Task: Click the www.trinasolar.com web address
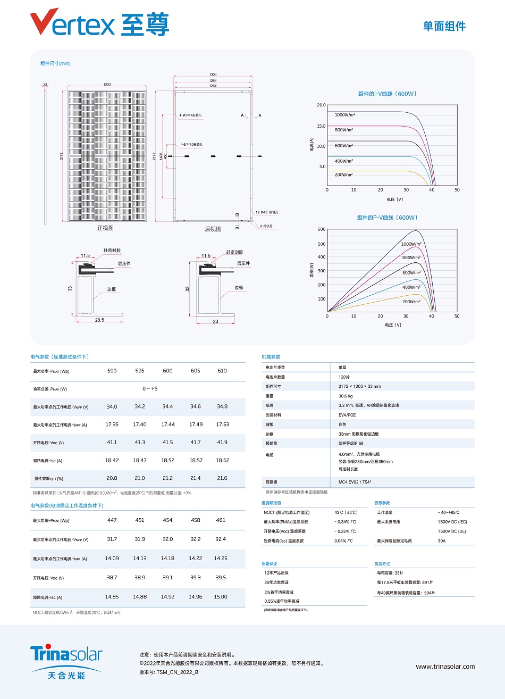(x=445, y=667)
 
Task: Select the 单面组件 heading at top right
(x=444, y=26)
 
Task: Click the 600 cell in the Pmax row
(x=167, y=371)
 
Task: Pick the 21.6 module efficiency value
(x=222, y=478)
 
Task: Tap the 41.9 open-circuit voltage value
(x=222, y=443)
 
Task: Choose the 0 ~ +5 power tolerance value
(x=150, y=389)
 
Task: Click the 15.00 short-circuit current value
(x=221, y=597)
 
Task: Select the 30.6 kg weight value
(x=346, y=396)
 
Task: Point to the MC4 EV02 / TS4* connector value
(x=355, y=482)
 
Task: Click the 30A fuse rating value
(x=442, y=541)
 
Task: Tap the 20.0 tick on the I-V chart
(x=321, y=105)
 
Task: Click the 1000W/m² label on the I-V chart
(x=344, y=115)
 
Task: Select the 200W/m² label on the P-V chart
(x=411, y=302)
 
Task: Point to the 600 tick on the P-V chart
(x=322, y=229)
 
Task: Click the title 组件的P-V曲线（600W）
(x=387, y=218)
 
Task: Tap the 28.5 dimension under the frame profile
(x=99, y=320)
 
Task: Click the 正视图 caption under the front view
(x=105, y=228)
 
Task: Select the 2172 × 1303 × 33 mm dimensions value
(x=359, y=386)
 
